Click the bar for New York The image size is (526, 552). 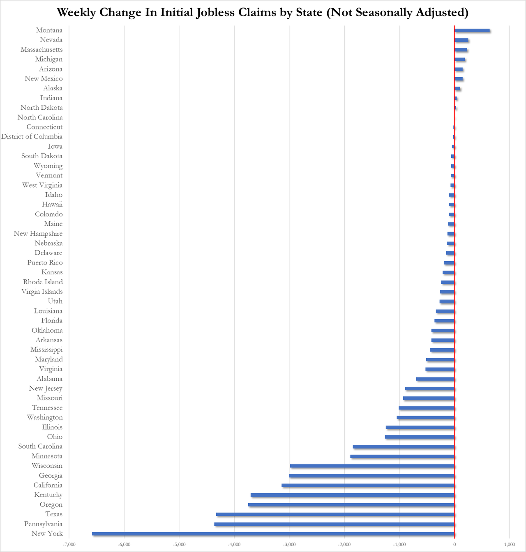[x=273, y=534]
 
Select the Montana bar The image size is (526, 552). [x=472, y=30]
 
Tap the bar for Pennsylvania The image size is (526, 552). [x=334, y=524]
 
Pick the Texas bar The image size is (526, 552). [x=335, y=514]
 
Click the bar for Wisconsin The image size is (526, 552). [x=372, y=466]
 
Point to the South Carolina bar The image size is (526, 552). [x=404, y=446]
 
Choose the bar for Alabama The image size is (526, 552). [x=435, y=379]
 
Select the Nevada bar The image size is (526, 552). [x=461, y=40]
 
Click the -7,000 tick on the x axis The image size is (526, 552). [x=69, y=545]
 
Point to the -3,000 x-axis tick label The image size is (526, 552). [x=289, y=545]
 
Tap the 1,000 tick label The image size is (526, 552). [x=509, y=545]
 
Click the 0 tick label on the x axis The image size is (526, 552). [x=454, y=545]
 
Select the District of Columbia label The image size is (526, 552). [x=32, y=137]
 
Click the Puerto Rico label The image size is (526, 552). [x=45, y=262]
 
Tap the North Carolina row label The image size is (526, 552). [x=40, y=117]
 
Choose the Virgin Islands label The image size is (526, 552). [x=42, y=292]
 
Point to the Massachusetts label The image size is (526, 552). [x=42, y=50]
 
